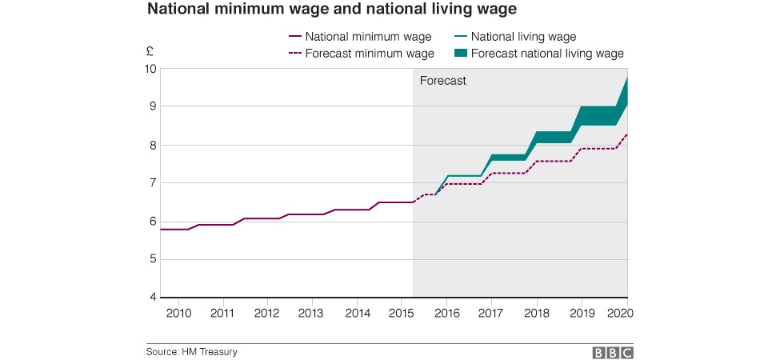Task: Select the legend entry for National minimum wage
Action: [x=368, y=37]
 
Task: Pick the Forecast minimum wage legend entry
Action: [x=370, y=54]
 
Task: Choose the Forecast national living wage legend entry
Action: [x=547, y=54]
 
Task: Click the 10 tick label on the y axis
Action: [x=150, y=69]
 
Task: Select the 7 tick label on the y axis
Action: [x=152, y=183]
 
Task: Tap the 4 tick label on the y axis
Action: [x=152, y=298]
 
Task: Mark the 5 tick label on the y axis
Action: [x=152, y=260]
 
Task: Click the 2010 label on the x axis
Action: [x=178, y=313]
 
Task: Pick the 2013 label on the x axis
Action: [x=310, y=313]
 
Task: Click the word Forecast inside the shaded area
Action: [x=443, y=81]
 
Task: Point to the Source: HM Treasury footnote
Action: [x=191, y=351]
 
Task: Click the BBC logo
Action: [x=612, y=352]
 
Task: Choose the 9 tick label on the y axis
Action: [x=152, y=106]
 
